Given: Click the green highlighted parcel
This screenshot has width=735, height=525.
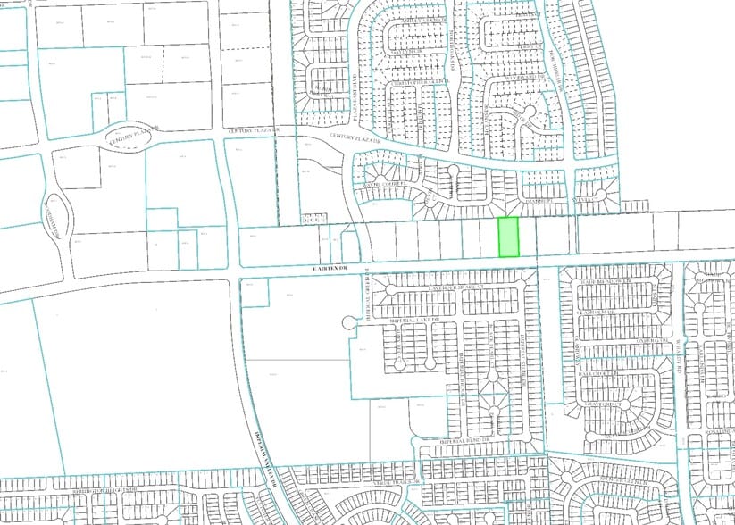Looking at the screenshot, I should [x=507, y=237].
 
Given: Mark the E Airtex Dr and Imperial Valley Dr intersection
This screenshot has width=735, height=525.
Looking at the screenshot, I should [x=234, y=269].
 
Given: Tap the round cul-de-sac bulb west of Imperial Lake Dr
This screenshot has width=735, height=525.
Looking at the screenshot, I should [x=348, y=321].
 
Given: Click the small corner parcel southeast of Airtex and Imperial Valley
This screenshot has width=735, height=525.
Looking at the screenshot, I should [x=255, y=291].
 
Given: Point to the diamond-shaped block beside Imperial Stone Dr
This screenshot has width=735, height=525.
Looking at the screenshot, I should [x=491, y=390].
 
